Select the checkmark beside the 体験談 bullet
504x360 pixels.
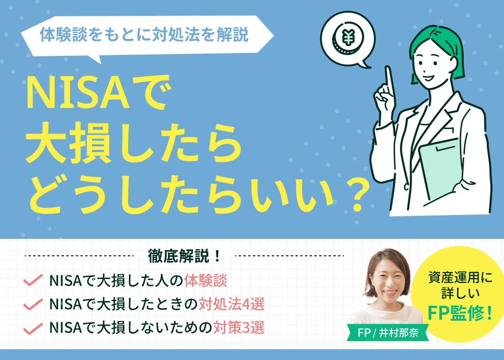point(33,281)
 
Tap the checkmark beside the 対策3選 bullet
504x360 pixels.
point(33,328)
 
